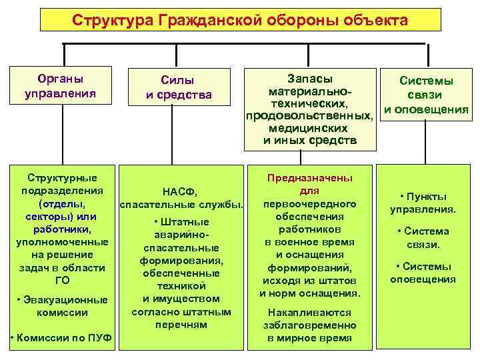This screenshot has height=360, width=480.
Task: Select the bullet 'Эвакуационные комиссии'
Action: (x=61, y=305)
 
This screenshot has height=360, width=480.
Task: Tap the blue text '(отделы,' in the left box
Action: (x=61, y=202)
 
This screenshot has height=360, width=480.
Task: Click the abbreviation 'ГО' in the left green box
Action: (x=61, y=279)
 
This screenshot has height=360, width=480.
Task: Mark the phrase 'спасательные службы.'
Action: (x=181, y=203)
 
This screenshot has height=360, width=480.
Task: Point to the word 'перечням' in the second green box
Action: (x=181, y=325)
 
